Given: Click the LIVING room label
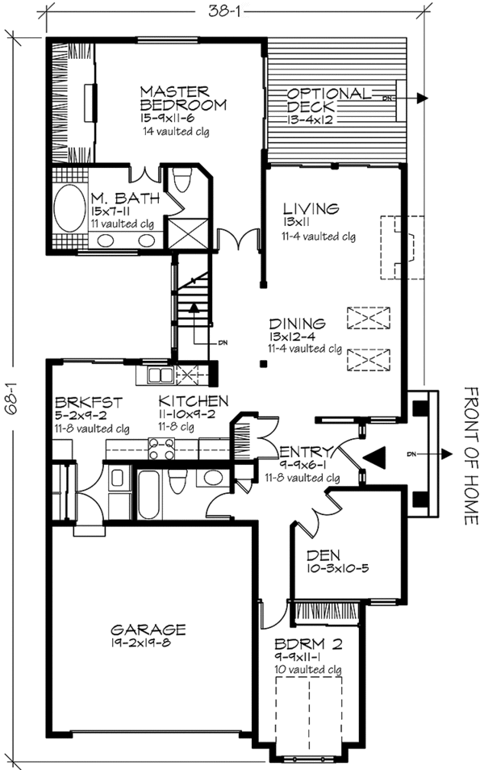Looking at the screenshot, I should point(301,209).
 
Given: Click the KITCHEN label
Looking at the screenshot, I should point(193,401).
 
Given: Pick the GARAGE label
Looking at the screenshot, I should point(149,629).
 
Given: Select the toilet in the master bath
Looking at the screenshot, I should point(181,179).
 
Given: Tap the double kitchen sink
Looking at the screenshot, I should point(158,375).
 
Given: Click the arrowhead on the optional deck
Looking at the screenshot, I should point(423,98).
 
